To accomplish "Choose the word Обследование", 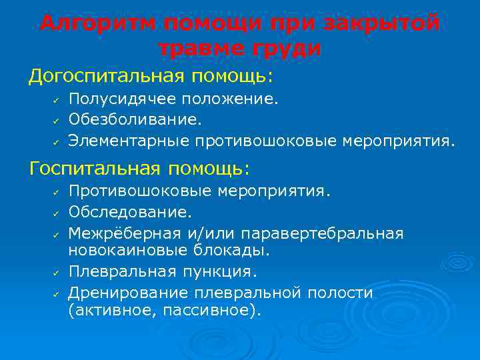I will pos(130,213).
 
